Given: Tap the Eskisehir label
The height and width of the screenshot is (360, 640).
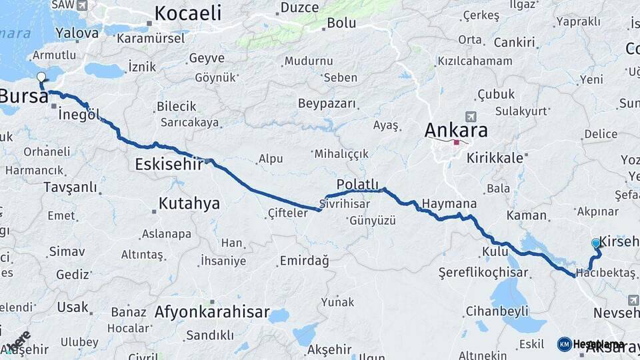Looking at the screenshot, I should coord(168,163).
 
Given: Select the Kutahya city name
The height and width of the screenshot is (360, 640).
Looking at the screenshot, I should coord(189,203).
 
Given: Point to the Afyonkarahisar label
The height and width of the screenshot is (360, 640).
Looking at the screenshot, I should coord(212,312).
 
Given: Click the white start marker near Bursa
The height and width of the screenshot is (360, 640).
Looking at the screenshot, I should coord(42,77).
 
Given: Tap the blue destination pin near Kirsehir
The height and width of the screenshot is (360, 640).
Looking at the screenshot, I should coord(595,244).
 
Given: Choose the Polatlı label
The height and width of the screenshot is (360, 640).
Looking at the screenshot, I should coord(357,184).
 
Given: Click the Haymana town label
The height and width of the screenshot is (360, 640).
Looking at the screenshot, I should coord(449,203).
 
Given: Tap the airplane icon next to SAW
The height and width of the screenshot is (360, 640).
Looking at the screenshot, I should coord(81,5).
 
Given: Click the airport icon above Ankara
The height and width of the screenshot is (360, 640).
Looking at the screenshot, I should coord(472,116).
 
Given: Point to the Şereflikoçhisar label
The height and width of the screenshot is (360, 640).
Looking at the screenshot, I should coord(483,273).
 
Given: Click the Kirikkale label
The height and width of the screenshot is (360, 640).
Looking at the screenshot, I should coord(495,158).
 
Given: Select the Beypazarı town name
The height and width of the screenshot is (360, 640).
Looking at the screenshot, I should coord(327,104).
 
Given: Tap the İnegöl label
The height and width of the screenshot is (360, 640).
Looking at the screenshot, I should coord(79,115).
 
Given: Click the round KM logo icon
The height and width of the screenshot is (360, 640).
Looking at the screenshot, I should coord(564,344).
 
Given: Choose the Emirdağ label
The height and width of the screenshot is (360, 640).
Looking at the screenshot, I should coord(304,261).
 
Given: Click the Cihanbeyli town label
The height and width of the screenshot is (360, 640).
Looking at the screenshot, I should coord(497,311).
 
